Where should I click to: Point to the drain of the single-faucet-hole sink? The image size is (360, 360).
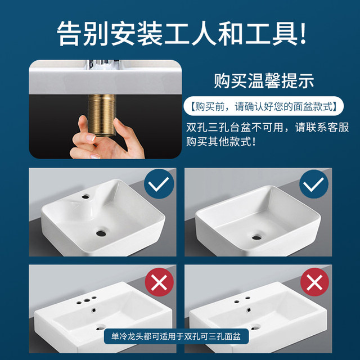point(101,231)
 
